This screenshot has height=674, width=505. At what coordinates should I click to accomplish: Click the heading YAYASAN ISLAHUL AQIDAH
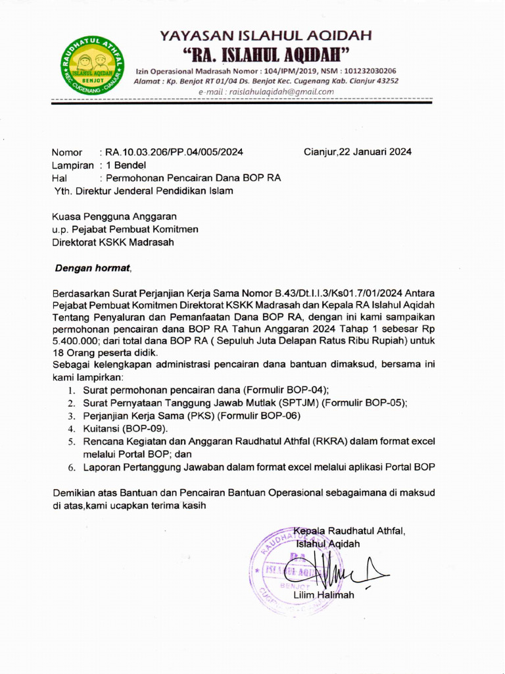(266, 35)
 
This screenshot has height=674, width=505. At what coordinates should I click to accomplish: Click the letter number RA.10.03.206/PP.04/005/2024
(174, 151)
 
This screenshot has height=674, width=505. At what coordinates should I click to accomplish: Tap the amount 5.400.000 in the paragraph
(74, 340)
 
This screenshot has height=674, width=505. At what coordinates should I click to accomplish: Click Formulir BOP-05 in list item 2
(364, 402)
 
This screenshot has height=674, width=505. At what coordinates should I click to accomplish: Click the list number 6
(72, 467)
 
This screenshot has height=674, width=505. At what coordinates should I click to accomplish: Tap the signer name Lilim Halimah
(324, 595)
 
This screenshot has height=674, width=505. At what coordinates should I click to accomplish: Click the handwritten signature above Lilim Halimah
(335, 569)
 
